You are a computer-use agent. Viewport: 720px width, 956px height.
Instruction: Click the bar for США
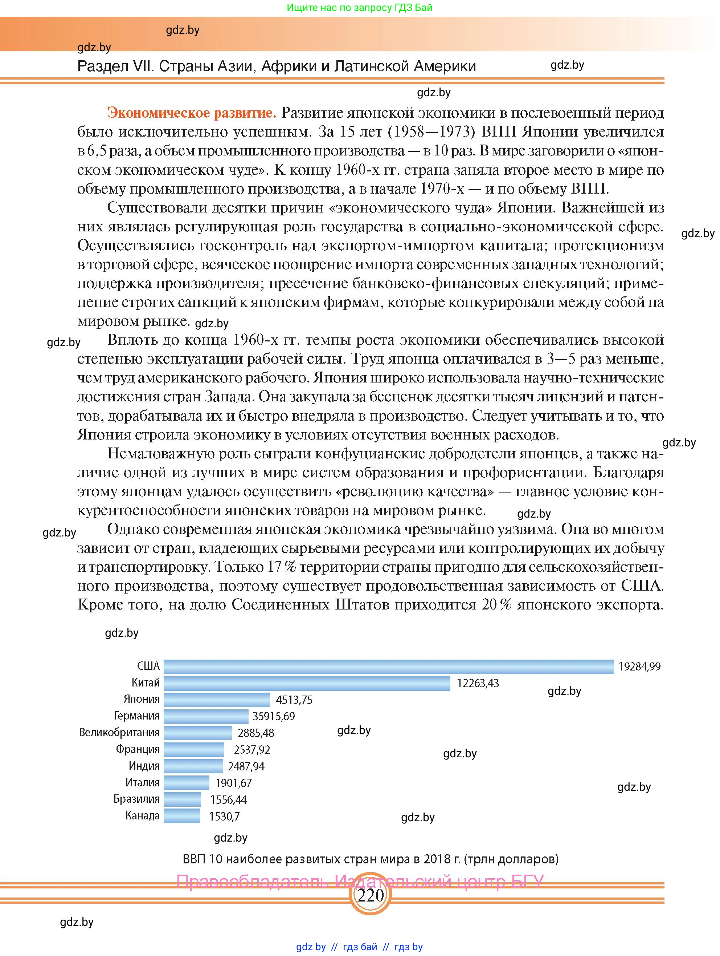pyautogui.click(x=388, y=666)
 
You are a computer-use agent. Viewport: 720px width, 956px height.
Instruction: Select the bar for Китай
pyautogui.click(x=307, y=683)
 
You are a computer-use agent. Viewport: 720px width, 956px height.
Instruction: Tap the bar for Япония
pyautogui.click(x=216, y=699)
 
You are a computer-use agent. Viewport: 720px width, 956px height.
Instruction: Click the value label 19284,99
pyautogui.click(x=639, y=667)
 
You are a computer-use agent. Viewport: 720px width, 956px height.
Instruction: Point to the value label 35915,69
pyautogui.click(x=273, y=716)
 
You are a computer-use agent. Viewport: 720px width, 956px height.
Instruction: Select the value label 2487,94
pyautogui.click(x=246, y=766)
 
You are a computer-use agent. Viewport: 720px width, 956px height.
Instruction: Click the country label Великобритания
pyautogui.click(x=119, y=733)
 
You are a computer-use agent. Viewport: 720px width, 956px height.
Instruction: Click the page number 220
pyautogui.click(x=370, y=895)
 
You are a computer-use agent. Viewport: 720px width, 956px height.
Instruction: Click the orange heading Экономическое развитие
pyautogui.click(x=191, y=113)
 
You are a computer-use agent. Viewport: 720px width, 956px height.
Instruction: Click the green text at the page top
pyautogui.click(x=359, y=7)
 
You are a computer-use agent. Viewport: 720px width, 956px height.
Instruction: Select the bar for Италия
pyautogui.click(x=186, y=782)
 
